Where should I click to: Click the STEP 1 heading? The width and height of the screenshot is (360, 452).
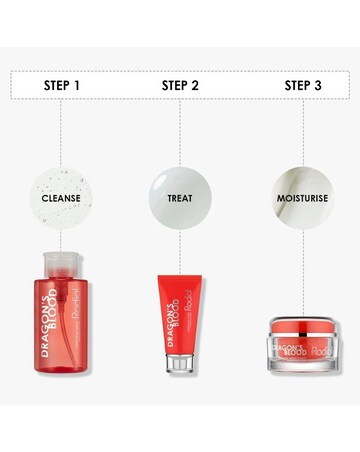click(x=61, y=85)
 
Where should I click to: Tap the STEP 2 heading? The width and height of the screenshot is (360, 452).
click(x=180, y=85)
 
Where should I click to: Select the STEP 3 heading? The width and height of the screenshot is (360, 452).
click(x=303, y=85)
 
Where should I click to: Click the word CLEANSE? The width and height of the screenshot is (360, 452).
click(x=61, y=198)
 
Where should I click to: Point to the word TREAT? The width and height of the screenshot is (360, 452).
click(x=180, y=198)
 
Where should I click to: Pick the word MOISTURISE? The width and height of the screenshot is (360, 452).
click(x=303, y=198)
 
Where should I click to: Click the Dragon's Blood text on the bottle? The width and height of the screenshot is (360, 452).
click(x=53, y=328)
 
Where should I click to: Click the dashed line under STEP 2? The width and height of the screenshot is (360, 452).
click(x=180, y=130)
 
